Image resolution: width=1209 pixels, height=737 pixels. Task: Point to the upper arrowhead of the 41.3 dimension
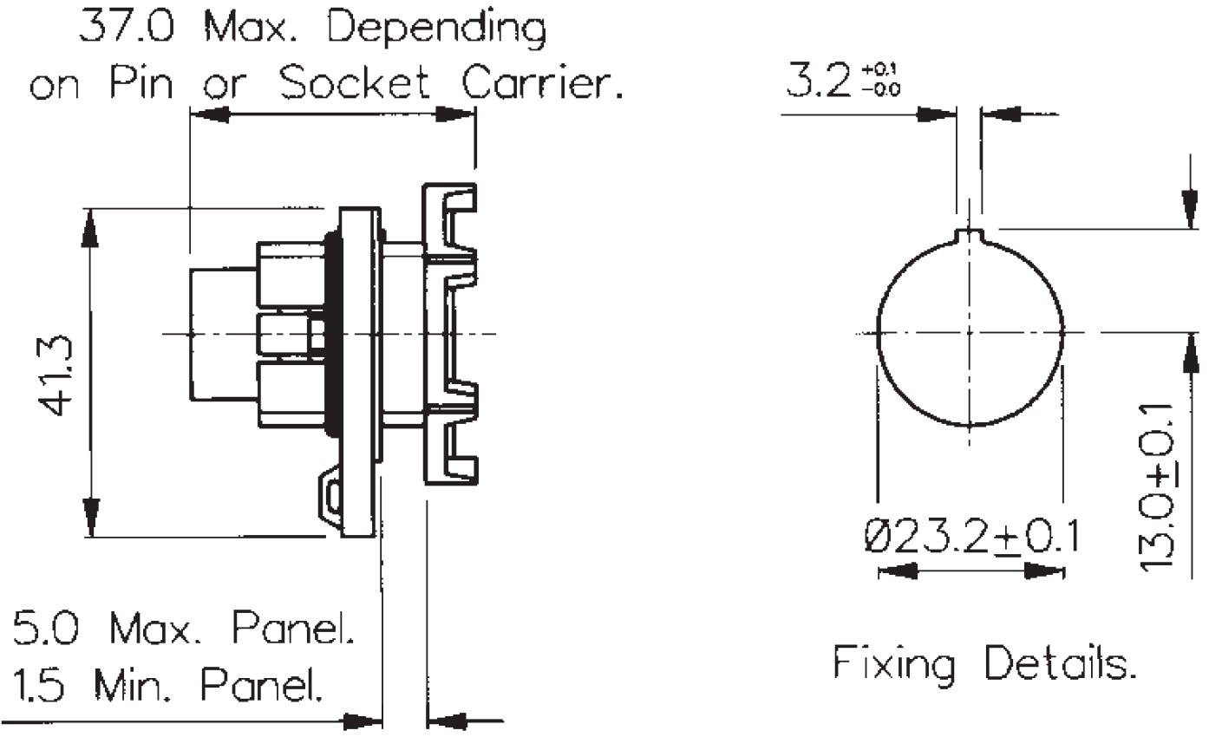click(x=89, y=225)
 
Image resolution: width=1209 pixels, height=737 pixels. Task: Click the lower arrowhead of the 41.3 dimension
click(x=89, y=520)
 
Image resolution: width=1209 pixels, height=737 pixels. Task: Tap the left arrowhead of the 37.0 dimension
click(x=208, y=114)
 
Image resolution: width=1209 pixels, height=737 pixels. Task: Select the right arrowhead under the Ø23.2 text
click(x=1045, y=571)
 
